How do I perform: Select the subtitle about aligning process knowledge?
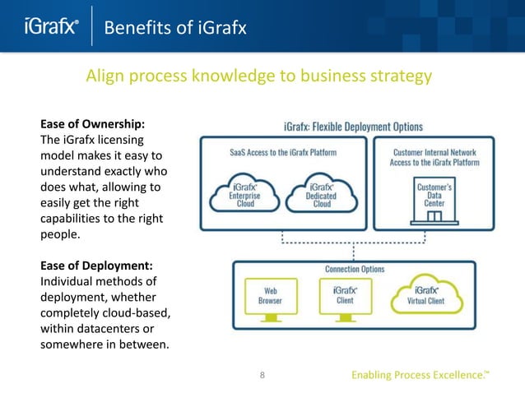pos(259,77)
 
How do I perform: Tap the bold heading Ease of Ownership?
pos(93,124)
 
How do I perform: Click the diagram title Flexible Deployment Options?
pos(352,127)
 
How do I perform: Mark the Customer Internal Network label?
pos(436,157)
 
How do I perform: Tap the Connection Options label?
pos(354,269)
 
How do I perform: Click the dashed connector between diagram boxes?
pos(354,243)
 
